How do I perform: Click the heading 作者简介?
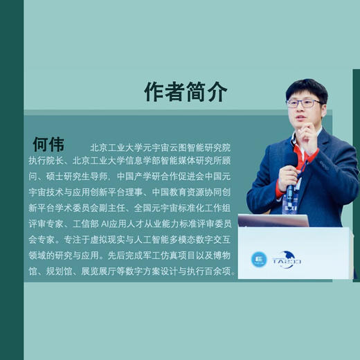point(185,91)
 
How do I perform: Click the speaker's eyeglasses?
point(305,103)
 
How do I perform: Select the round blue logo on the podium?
point(258,259)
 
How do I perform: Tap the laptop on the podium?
point(273,221)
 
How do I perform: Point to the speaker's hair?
point(307,88)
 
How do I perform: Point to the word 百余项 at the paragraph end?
point(223,272)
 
